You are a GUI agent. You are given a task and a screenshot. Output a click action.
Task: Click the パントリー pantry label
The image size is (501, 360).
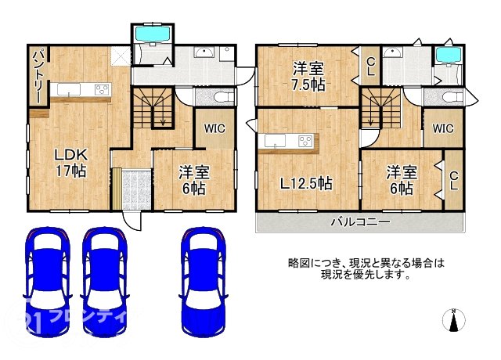coord(37,77)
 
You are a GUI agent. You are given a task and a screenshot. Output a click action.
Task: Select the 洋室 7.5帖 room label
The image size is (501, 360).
coord(308,75)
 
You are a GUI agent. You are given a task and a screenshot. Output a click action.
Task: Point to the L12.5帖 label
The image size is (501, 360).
coord(307,185)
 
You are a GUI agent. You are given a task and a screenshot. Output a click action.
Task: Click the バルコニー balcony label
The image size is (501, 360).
coord(360,222)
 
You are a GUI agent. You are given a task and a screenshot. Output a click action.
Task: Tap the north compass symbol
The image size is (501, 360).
coord(452,319)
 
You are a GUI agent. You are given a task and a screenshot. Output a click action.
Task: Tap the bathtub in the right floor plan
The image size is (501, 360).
coord(448,56)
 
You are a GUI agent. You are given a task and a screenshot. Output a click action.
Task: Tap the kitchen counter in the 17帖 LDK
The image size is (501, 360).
coord(82,92)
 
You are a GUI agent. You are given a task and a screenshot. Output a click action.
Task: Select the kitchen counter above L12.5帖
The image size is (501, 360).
coord(289,142)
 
